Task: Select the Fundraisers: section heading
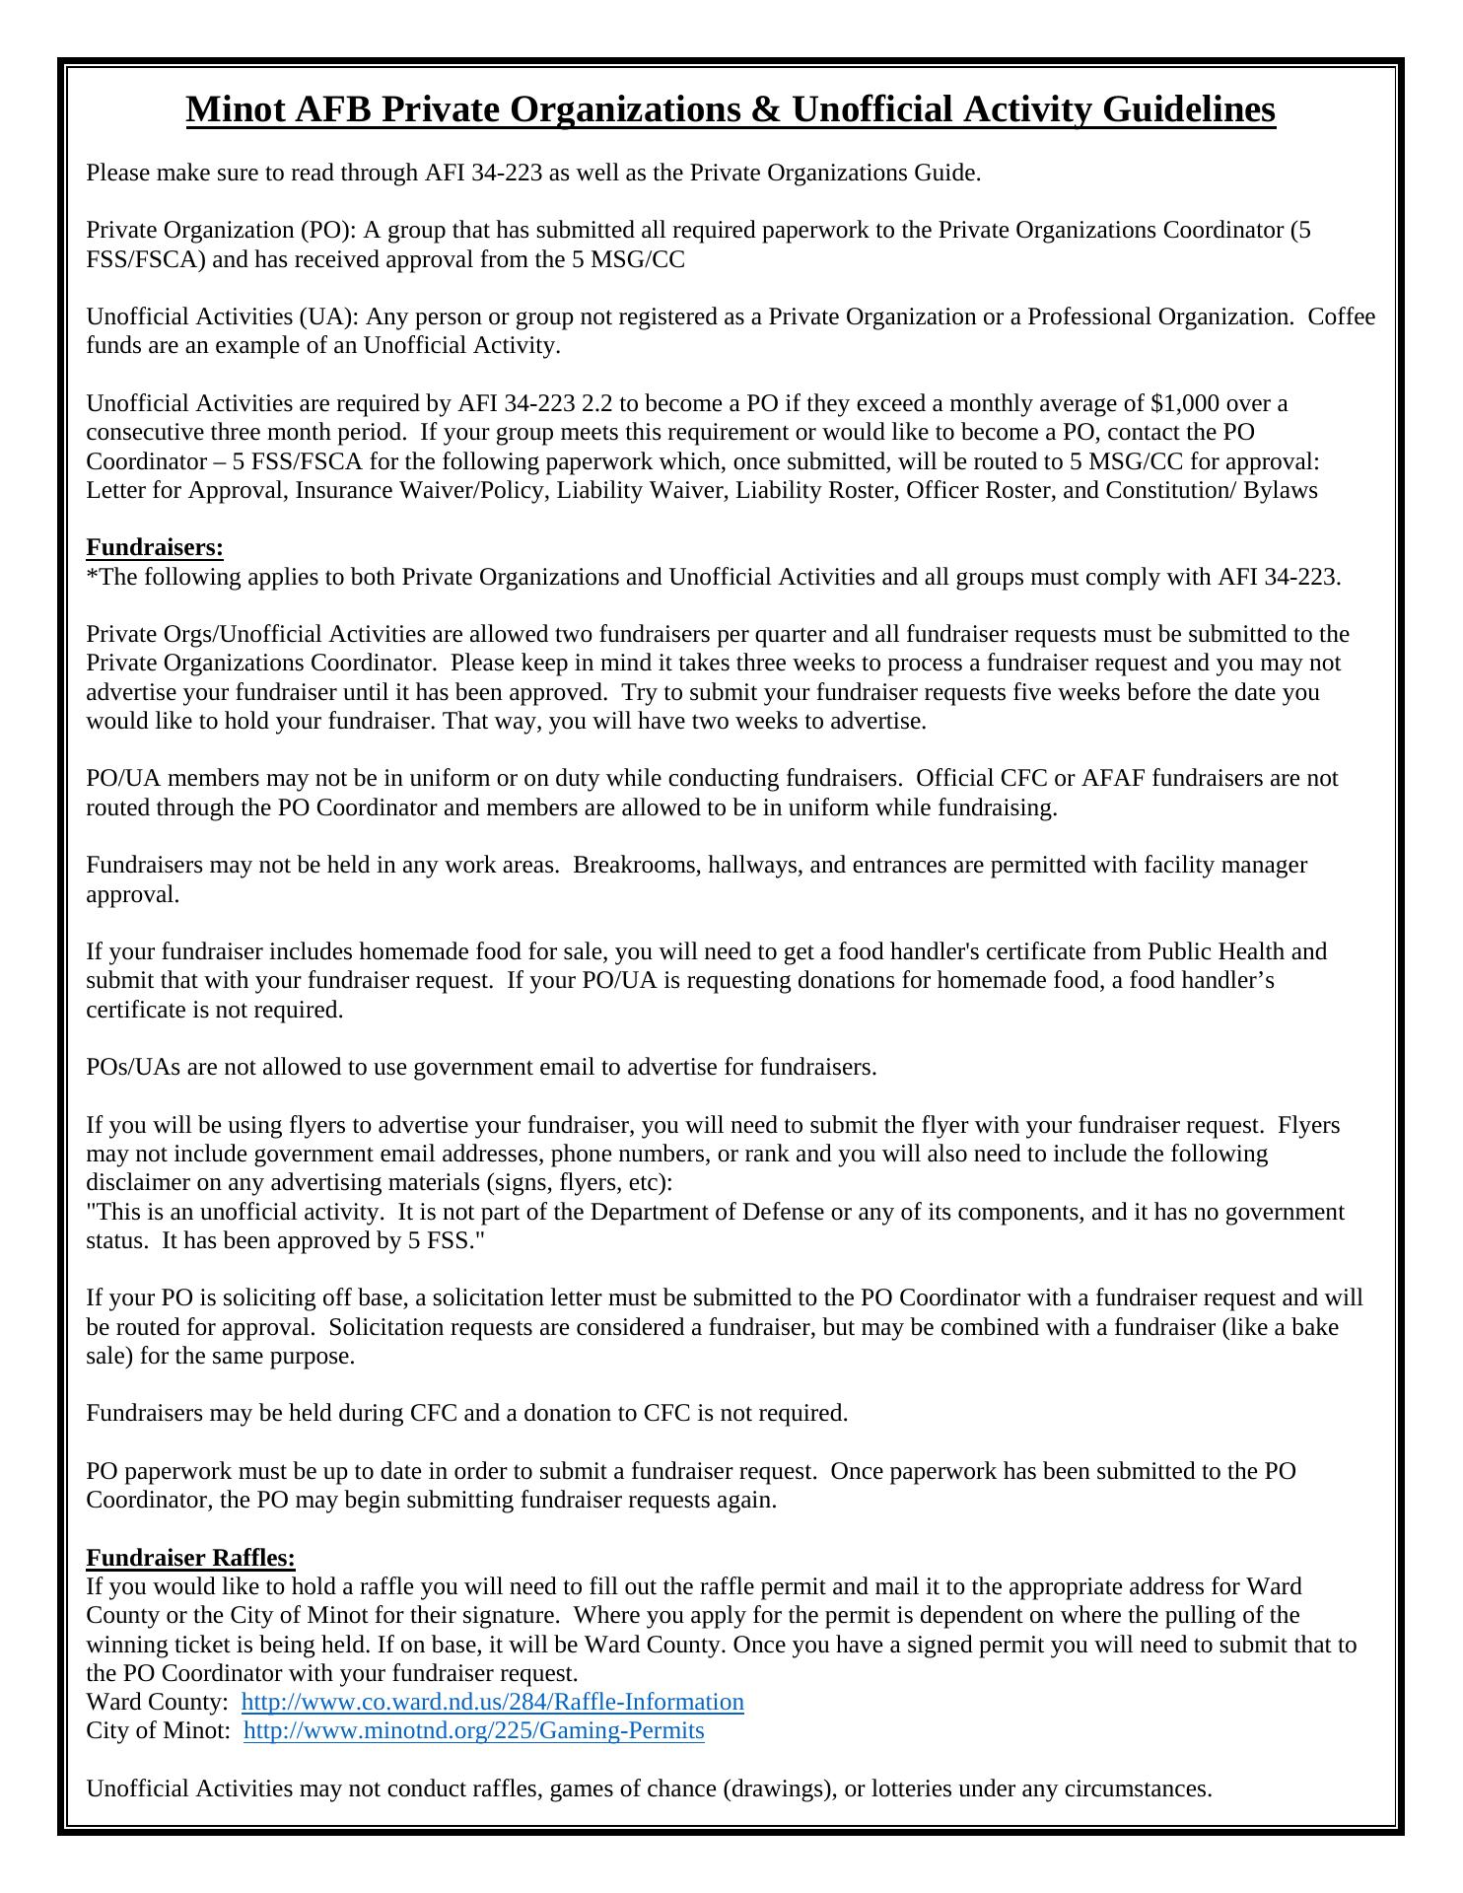point(155,547)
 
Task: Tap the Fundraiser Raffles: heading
point(190,1558)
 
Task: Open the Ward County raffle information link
point(492,1703)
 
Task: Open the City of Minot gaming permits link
point(473,1731)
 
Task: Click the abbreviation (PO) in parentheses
point(325,231)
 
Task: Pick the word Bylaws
point(1280,490)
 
